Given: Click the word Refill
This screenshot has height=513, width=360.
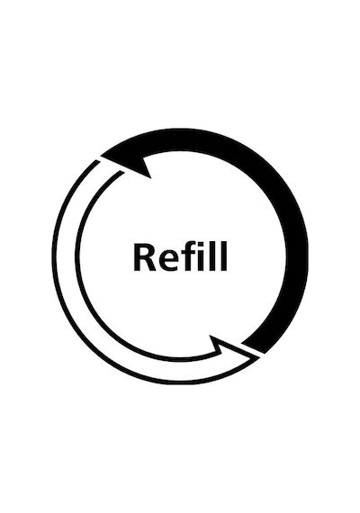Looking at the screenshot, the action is (180, 256).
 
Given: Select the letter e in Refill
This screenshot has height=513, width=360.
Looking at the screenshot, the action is (168, 261).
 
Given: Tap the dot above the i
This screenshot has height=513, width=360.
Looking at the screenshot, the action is (202, 245).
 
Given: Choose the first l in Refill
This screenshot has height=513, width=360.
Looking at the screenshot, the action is (213, 256).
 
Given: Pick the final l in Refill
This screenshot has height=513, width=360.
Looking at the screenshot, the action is (224, 256).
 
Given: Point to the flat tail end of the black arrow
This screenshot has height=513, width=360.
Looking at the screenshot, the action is (253, 348).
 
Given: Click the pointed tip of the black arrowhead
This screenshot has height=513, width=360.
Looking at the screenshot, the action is (101, 156).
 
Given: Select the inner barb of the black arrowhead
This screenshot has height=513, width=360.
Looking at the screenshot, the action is (150, 178).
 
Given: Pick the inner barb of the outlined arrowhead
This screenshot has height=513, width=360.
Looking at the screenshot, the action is (210, 336).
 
